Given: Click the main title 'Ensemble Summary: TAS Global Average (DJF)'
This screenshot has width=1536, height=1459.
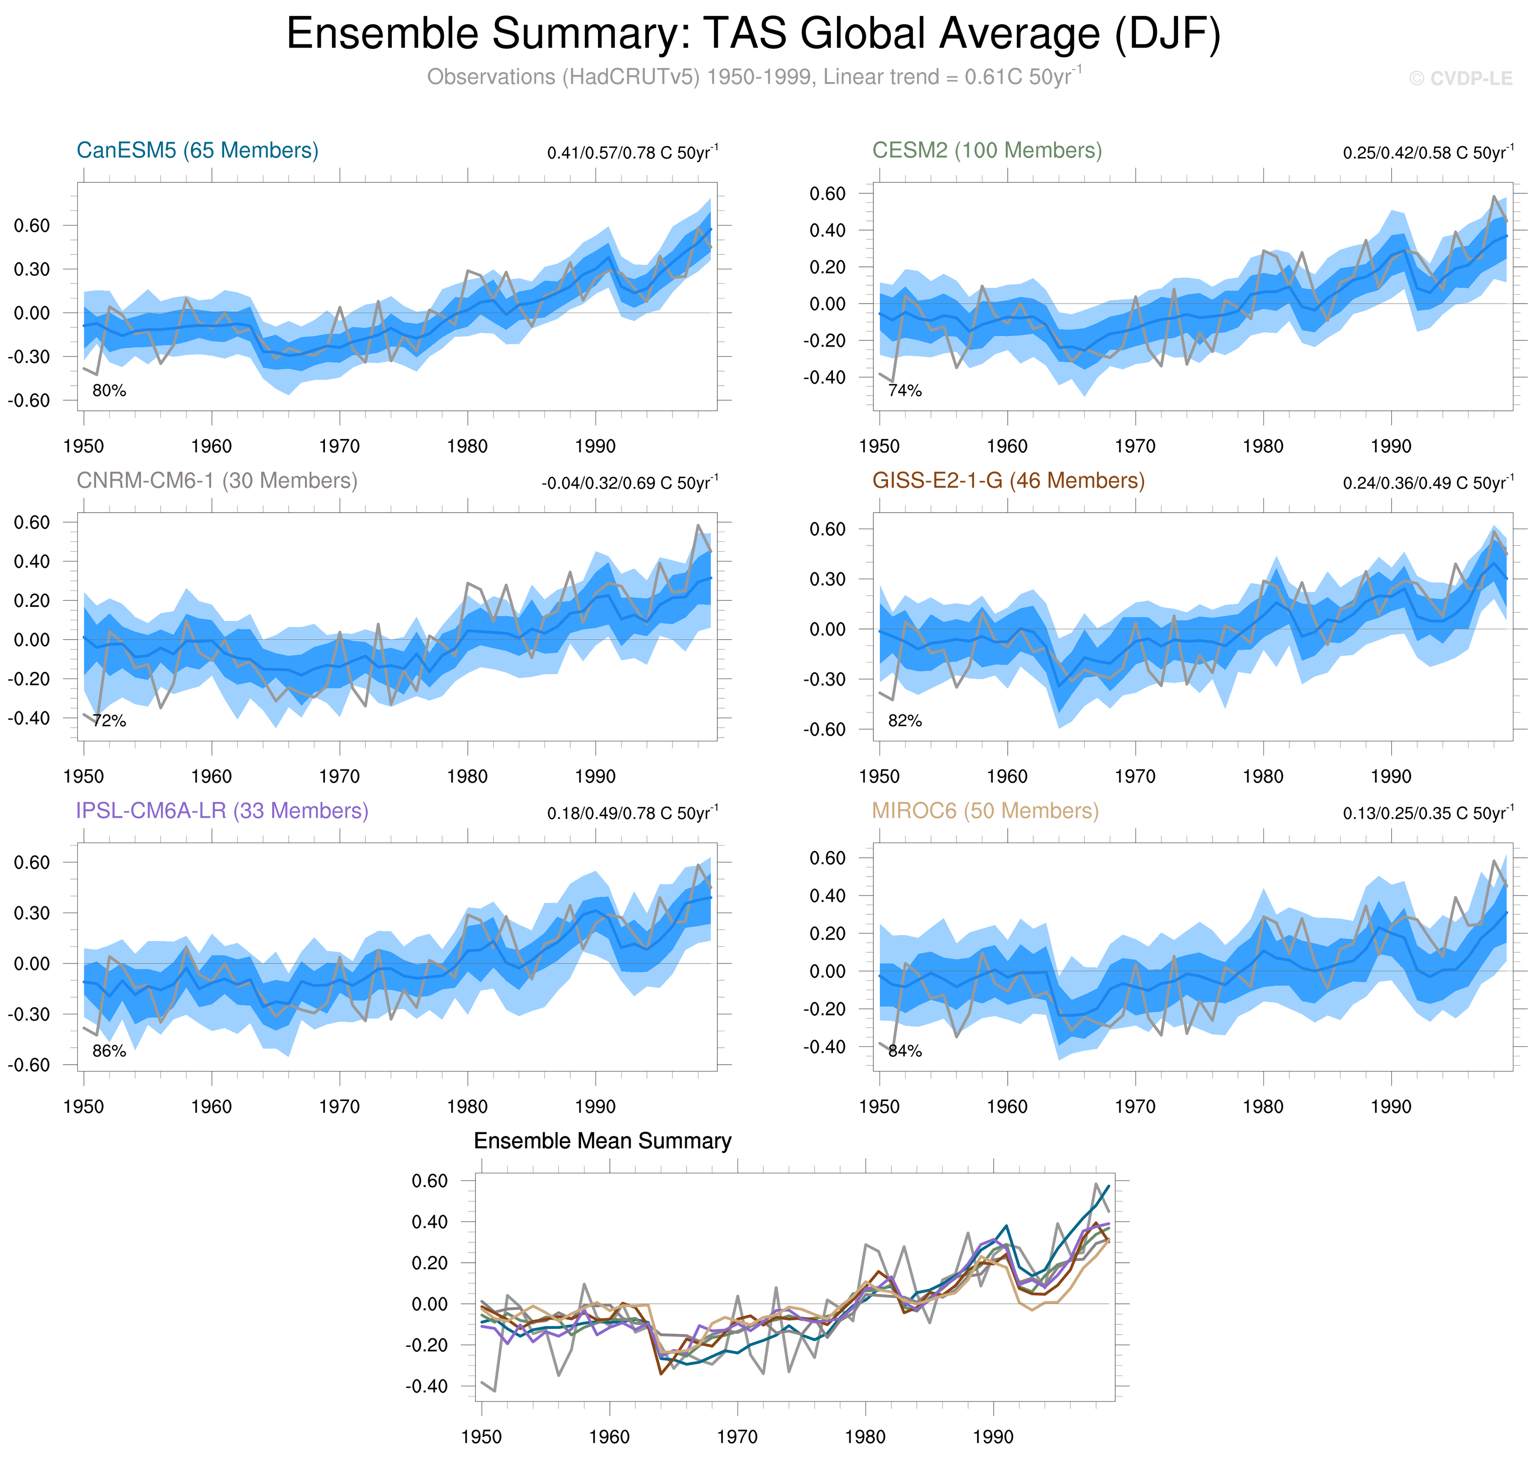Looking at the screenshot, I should click(x=753, y=34).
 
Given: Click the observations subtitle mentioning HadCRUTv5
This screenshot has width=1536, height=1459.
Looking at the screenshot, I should click(x=753, y=77).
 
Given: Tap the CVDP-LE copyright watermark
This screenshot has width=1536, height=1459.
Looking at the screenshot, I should click(x=1460, y=79).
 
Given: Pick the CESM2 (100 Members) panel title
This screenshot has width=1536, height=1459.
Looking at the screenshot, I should click(x=986, y=150).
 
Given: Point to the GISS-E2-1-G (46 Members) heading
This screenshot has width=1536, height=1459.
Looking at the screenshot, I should click(x=1008, y=481).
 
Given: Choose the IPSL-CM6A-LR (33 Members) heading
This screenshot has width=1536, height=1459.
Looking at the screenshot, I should click(x=222, y=811).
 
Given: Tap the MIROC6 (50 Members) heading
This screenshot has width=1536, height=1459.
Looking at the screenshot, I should click(x=985, y=811).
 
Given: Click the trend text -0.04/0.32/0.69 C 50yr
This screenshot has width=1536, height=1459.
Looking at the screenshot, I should click(x=629, y=483).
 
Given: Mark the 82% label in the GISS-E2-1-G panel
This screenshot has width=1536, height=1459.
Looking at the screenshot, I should click(x=905, y=721).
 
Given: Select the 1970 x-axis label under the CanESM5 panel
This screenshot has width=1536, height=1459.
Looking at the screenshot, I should click(x=339, y=447).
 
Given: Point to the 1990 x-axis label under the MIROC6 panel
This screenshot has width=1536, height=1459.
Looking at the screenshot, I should click(x=1391, y=1107).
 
